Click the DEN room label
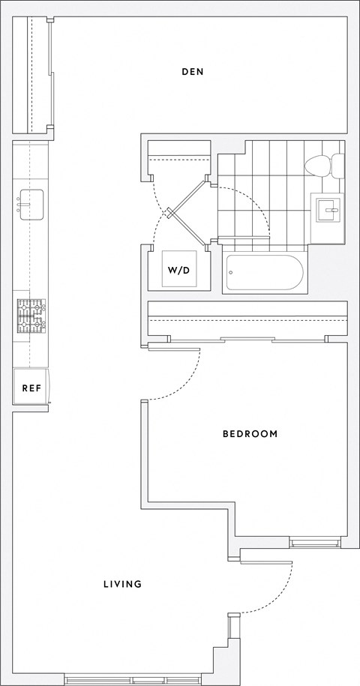coord(193,72)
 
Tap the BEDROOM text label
coord(250,434)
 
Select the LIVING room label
coord(122,584)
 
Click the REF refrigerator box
coord(31,388)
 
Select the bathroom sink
coord(328,209)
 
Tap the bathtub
coord(265,273)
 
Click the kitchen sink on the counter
coord(31,204)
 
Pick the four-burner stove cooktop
coord(31,316)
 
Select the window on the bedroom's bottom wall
coord(314,542)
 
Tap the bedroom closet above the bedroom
coord(247,319)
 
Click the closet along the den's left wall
coord(39,73)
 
